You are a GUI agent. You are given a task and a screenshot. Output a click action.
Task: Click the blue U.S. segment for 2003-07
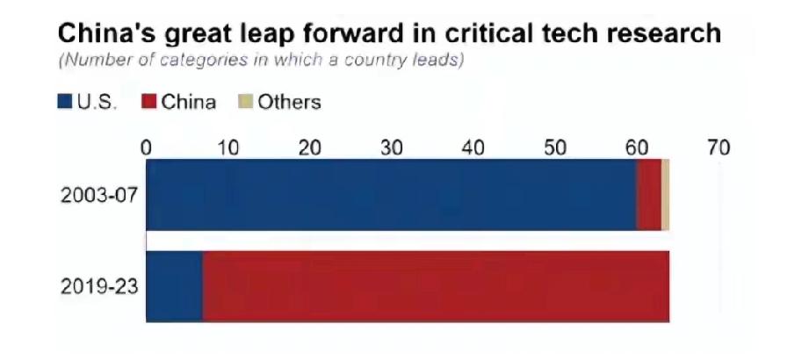[x=391, y=195]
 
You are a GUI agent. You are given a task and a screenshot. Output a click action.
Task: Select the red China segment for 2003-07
[x=648, y=195]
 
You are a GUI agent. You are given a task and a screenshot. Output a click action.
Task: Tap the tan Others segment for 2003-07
[x=665, y=195]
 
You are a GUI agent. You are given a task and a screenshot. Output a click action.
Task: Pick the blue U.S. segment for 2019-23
[x=174, y=286]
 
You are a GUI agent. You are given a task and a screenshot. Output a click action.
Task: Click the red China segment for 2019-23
[x=436, y=286]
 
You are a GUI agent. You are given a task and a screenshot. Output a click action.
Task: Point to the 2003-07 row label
[x=99, y=195]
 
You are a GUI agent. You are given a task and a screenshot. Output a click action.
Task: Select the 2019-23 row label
[x=99, y=286]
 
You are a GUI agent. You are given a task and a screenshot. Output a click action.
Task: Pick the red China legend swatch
[x=148, y=102]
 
